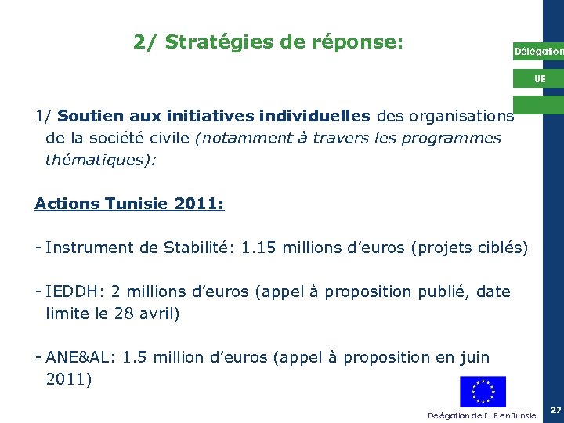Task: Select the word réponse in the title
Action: pyautogui.click(x=352, y=42)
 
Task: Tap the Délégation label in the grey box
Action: pyautogui.click(x=537, y=52)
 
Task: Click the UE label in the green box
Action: pyautogui.click(x=540, y=79)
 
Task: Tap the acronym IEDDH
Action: pyautogui.click(x=71, y=291)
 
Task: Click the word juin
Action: pyautogui.click(x=473, y=357)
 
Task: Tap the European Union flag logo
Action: pyautogui.click(x=483, y=391)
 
